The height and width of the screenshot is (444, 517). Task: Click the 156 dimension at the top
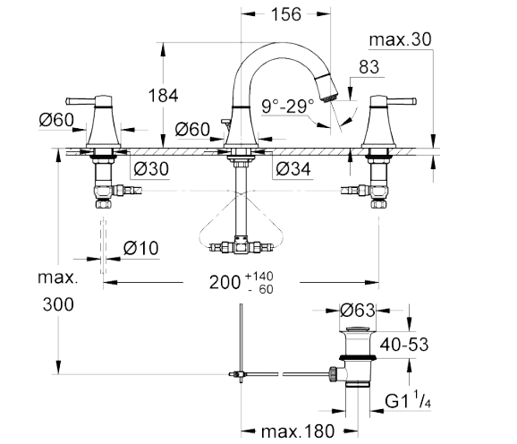[x=286, y=14]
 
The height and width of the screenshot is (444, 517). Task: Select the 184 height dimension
[x=163, y=96]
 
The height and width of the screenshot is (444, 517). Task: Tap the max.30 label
[x=400, y=39]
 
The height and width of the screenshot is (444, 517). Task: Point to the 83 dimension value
[x=369, y=67]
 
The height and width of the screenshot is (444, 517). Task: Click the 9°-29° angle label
[x=288, y=107]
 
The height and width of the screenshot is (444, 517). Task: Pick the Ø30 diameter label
[x=151, y=168]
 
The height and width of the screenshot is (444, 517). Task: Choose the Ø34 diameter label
[x=293, y=169]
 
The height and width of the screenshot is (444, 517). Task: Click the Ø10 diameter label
[x=140, y=248]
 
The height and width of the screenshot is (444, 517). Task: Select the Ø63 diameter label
[x=358, y=311]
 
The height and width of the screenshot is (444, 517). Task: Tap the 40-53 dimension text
[x=404, y=345]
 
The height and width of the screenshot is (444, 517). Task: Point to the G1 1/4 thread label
[x=408, y=400]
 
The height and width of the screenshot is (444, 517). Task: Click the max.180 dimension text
[x=298, y=431]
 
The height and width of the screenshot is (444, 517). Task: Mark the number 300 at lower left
[x=58, y=304]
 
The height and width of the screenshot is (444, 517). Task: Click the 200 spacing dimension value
[x=225, y=283]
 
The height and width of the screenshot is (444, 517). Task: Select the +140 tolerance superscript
[x=259, y=276]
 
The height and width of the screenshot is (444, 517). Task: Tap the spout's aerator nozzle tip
[x=329, y=97]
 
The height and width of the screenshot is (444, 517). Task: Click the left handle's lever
[x=81, y=101]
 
